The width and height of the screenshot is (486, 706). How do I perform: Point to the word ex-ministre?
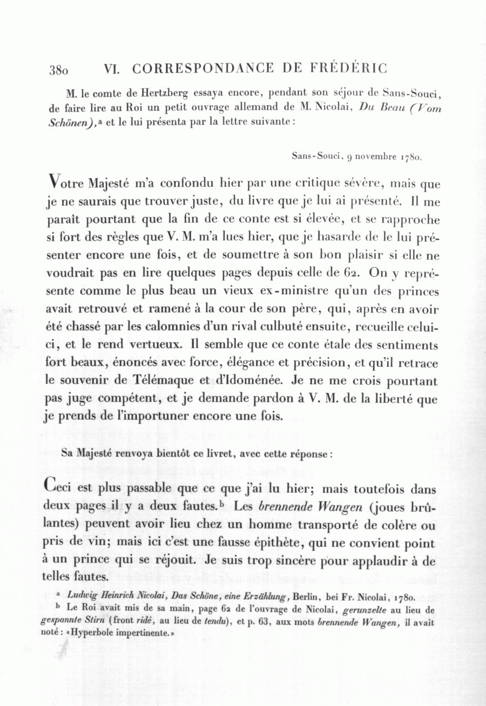[x=283, y=292]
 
